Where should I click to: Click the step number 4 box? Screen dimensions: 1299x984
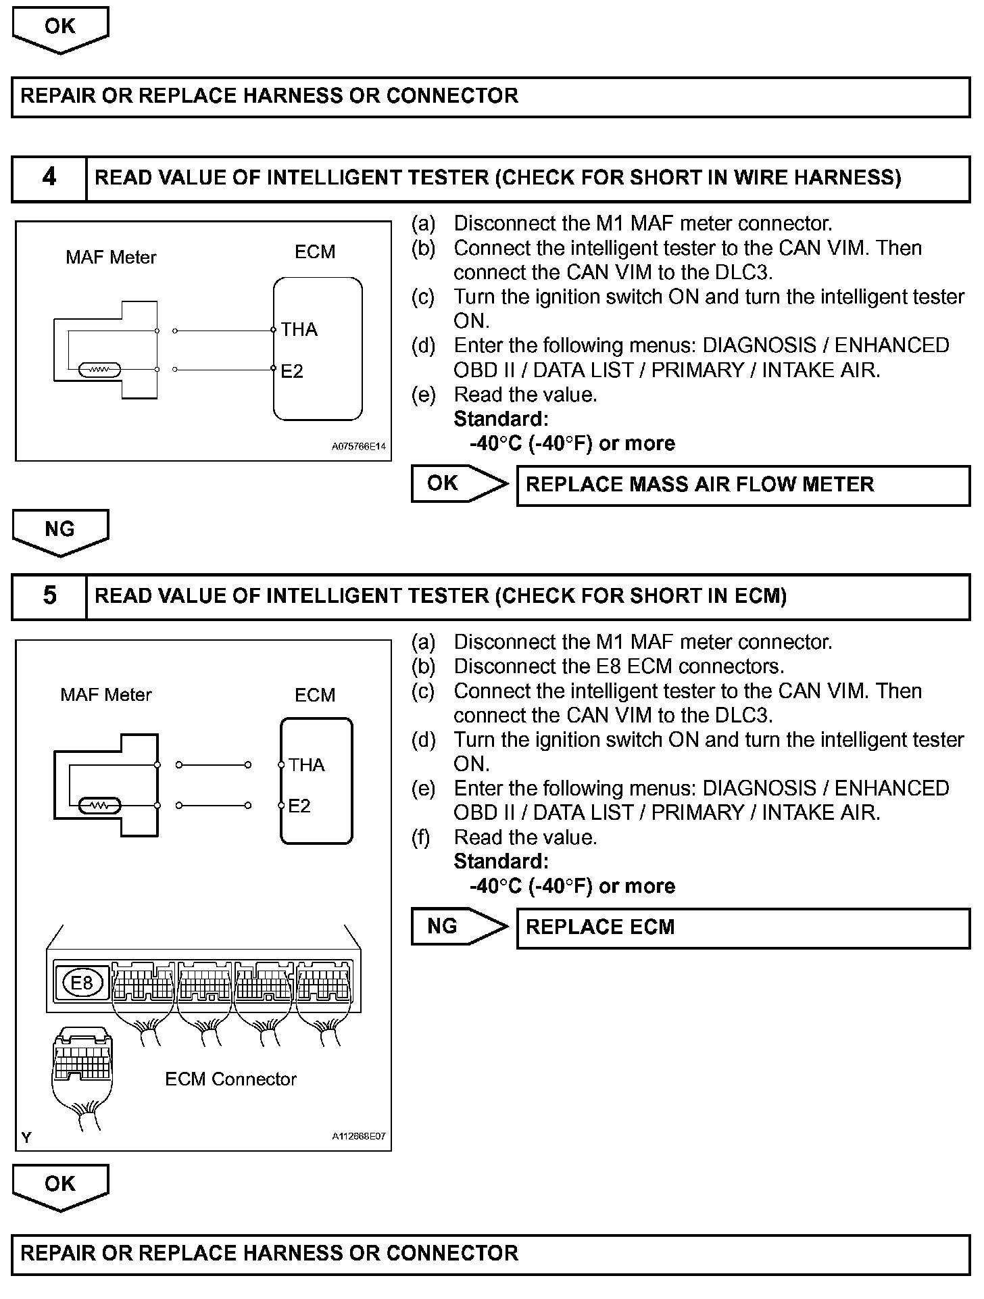click(49, 178)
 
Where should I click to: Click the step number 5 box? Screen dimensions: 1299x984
click(49, 596)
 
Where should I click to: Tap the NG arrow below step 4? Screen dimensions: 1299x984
click(60, 531)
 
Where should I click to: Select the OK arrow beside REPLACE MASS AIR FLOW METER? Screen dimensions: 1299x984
click(458, 484)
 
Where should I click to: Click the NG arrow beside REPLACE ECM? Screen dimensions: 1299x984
click(458, 927)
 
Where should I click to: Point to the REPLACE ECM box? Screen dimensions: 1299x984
click(743, 928)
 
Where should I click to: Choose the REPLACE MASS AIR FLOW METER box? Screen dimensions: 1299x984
click(743, 485)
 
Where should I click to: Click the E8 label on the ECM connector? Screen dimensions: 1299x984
click(82, 982)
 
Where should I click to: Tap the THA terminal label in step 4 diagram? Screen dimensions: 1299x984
click(299, 330)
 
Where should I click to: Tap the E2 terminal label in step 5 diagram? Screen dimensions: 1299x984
click(299, 806)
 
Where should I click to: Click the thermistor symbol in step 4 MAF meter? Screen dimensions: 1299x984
click(99, 370)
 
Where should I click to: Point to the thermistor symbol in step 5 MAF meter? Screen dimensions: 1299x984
click(100, 806)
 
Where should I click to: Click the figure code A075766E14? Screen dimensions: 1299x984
click(358, 447)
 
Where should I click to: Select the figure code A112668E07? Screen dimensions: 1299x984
click(358, 1137)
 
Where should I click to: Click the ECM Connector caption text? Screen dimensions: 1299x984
click(230, 1079)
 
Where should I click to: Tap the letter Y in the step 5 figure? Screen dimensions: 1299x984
click(26, 1138)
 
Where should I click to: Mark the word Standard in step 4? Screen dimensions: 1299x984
click(501, 420)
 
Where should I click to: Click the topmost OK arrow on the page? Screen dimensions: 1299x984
click(60, 28)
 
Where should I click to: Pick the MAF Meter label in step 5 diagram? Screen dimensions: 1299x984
click(106, 695)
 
